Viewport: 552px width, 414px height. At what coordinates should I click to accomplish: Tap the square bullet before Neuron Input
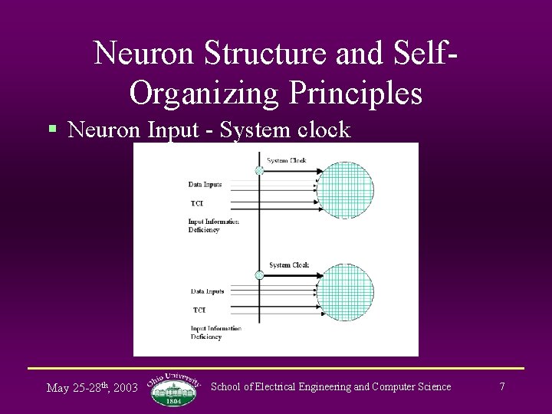tap(52, 130)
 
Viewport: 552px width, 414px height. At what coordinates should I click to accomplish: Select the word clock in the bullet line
tap(320, 130)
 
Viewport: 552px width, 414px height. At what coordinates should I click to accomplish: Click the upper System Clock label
tap(286, 161)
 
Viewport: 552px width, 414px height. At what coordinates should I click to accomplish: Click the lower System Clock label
tap(288, 265)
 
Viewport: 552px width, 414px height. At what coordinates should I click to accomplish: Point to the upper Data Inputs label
tap(205, 185)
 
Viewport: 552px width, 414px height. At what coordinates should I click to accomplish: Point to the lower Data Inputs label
tap(207, 291)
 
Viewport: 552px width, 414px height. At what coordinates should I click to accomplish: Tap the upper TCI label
tap(198, 203)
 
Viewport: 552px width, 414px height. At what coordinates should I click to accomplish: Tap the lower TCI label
tap(199, 310)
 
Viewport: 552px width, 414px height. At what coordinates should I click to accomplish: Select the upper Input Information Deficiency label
tap(213, 225)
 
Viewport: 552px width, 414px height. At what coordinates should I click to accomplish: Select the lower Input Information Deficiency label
tap(216, 333)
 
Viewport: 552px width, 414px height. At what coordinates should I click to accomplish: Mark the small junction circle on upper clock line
tap(259, 171)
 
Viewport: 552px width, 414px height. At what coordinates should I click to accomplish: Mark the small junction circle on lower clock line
tap(260, 274)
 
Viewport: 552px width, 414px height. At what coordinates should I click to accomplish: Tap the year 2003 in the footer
tap(125, 388)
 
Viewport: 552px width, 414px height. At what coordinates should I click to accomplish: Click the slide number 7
tap(502, 386)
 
